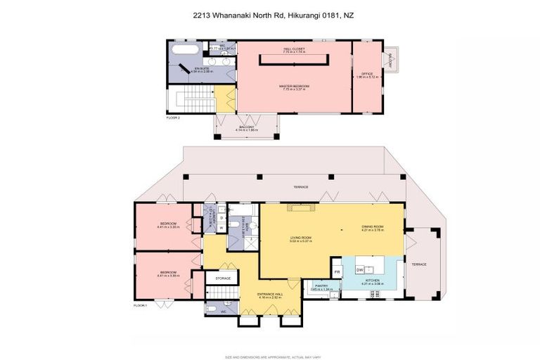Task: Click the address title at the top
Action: click(270, 13)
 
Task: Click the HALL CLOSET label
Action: click(294, 51)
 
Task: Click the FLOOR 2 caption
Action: click(174, 118)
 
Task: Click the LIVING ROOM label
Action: click(300, 238)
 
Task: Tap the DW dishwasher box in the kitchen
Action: click(359, 269)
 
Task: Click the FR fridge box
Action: click(337, 271)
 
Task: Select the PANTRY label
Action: click(320, 287)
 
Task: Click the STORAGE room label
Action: click(223, 279)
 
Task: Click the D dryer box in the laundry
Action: click(221, 218)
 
